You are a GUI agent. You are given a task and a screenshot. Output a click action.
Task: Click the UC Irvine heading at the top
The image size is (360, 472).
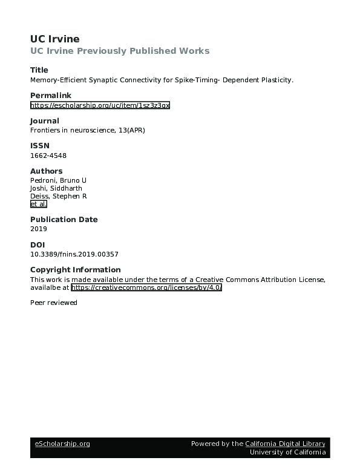54,39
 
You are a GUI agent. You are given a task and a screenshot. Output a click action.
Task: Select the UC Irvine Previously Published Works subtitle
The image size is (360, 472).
120,51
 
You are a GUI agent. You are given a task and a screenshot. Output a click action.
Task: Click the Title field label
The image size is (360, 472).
39,70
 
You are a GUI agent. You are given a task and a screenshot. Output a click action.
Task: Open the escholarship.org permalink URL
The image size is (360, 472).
100,105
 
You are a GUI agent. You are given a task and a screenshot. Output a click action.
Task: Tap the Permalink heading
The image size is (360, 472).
50,96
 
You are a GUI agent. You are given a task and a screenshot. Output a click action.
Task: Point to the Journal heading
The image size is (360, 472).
45,121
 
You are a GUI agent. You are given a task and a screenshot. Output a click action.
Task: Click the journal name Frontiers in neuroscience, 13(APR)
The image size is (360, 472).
88,130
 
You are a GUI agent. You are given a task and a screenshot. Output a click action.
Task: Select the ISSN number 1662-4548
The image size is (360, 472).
48,156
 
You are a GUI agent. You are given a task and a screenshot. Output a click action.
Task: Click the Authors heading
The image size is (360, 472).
46,171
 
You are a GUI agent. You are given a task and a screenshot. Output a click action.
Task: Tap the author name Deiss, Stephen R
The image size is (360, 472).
59,196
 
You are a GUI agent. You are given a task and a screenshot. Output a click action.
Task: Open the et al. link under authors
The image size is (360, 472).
38,204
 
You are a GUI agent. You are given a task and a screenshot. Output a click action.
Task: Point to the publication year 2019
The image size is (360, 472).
38,229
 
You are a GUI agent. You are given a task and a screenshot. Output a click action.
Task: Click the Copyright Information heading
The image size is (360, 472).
75,270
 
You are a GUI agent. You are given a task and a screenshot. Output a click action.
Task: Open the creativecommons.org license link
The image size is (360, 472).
147,287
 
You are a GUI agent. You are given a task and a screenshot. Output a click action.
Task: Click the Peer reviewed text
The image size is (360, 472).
54,303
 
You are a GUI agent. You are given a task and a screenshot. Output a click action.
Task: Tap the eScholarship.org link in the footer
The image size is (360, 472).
62,444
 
